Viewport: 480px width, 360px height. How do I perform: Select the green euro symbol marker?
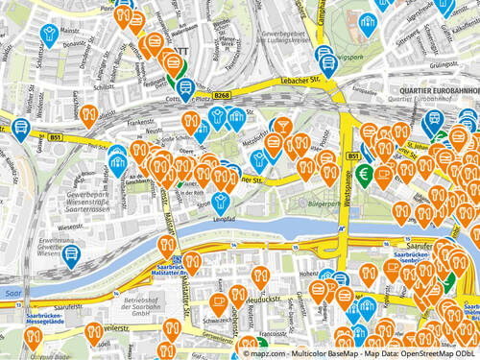(x=364, y=174)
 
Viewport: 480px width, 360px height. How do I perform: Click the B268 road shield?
(x=223, y=95)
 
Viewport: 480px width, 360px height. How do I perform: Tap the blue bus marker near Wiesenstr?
(x=71, y=254)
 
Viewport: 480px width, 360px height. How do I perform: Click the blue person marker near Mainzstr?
(x=47, y=36)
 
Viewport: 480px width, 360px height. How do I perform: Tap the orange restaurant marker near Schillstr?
(x=88, y=115)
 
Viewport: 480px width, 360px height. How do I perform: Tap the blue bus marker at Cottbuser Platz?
(x=183, y=86)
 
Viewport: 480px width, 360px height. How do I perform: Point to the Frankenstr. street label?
(x=140, y=123)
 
